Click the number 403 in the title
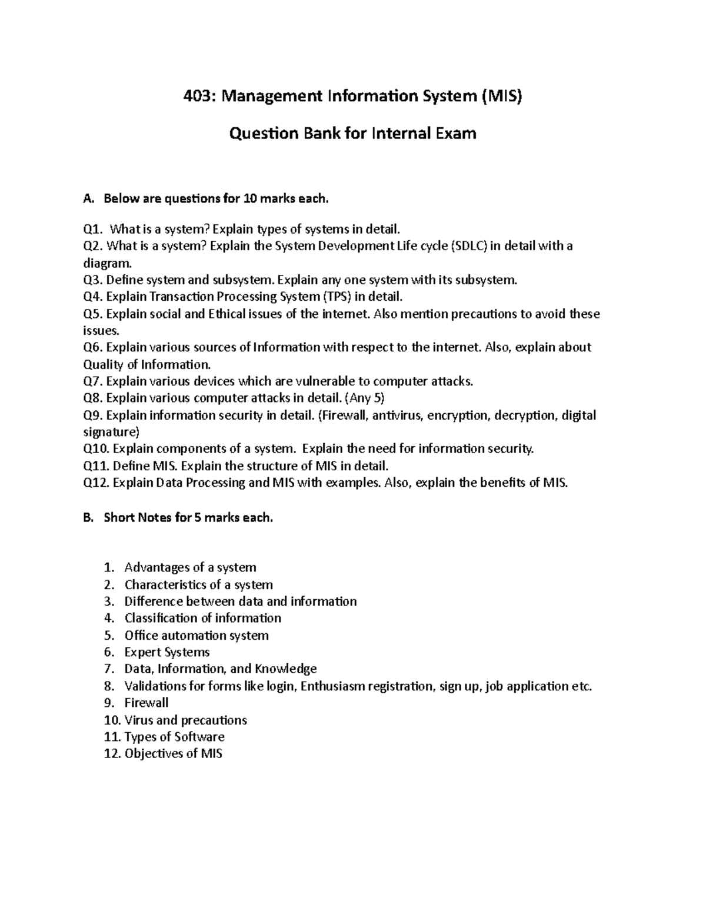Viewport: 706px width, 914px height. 199,96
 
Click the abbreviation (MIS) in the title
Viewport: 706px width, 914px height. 501,96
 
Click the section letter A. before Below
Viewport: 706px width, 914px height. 89,199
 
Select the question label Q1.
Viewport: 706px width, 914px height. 93,229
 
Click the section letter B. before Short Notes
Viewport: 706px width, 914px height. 89,518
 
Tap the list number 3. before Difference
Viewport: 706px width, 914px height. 108,601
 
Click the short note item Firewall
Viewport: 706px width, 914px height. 146,703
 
